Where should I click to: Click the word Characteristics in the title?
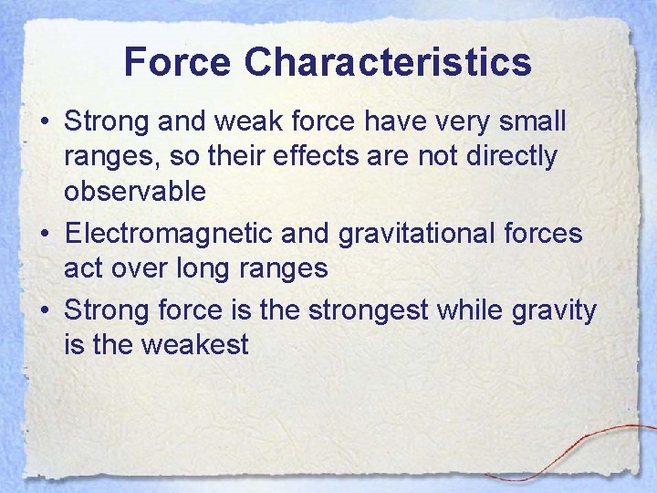pos(388,62)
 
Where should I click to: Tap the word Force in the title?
pos(177,62)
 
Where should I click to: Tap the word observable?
pos(135,192)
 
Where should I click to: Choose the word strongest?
pos(369,309)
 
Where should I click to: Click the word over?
pos(141,268)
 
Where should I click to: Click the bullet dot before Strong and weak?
pos(46,122)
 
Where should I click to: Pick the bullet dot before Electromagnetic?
pos(46,235)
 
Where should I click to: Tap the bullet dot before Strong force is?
pos(46,310)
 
